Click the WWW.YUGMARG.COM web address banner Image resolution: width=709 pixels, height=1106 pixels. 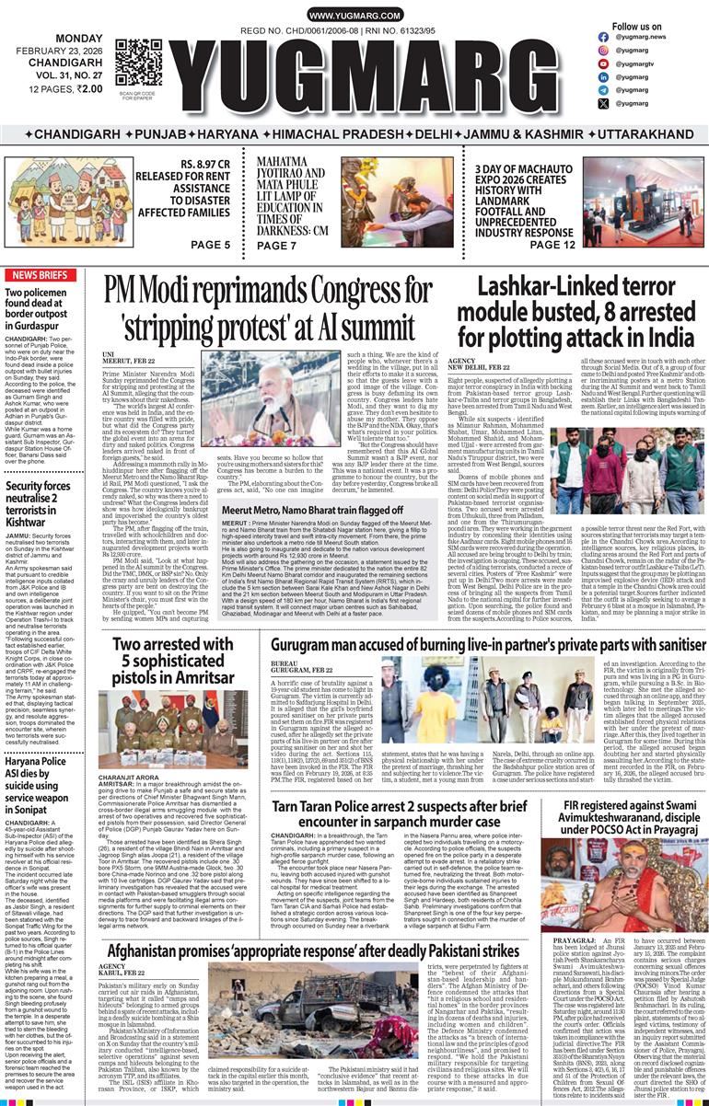click(354, 16)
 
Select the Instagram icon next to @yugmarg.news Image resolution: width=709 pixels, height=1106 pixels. click(604, 37)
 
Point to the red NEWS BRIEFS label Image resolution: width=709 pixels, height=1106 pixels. click(40, 275)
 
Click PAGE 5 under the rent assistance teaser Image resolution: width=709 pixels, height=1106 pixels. click(211, 244)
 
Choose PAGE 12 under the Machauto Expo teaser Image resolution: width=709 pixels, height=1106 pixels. click(551, 244)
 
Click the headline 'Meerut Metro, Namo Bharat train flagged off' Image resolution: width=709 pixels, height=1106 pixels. click(312, 510)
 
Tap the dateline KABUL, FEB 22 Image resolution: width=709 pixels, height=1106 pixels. click(122, 974)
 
